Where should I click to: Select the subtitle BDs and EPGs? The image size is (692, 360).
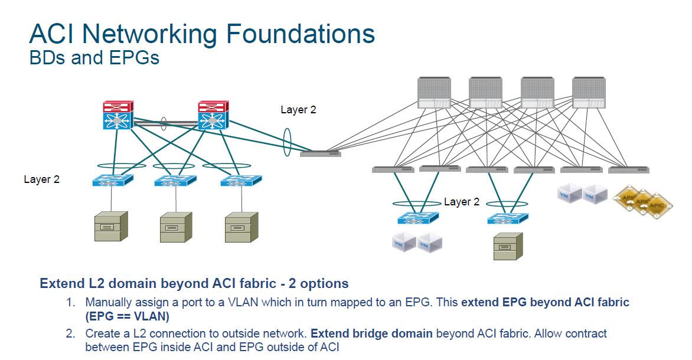[x=94, y=58]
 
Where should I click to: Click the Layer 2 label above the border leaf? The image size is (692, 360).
[x=298, y=110]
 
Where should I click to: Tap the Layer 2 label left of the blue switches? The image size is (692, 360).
[x=42, y=179]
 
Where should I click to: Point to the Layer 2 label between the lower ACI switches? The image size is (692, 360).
[x=462, y=202]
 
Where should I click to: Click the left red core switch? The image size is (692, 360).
[x=117, y=116]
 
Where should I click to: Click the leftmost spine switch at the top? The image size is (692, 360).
[x=434, y=93]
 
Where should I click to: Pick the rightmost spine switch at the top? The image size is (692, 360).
[x=589, y=93]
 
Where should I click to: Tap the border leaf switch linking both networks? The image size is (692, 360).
[x=320, y=153]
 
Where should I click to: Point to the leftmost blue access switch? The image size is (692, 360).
[x=113, y=181]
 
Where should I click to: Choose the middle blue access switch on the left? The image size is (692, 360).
[x=175, y=181]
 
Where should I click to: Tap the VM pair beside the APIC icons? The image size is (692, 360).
[x=582, y=194]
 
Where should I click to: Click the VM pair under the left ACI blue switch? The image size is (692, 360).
[x=417, y=243]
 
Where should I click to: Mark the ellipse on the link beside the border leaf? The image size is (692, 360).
[x=287, y=145]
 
